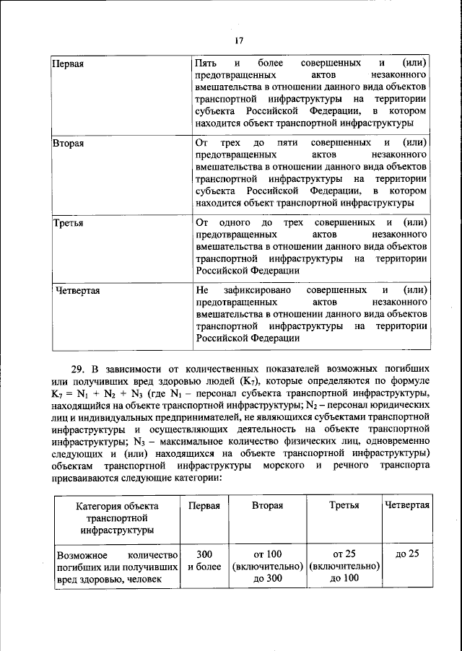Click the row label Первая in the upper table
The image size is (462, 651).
point(69,64)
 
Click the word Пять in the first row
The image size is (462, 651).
point(206,64)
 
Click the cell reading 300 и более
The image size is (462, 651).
point(204,560)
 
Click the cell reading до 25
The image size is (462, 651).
point(408,554)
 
